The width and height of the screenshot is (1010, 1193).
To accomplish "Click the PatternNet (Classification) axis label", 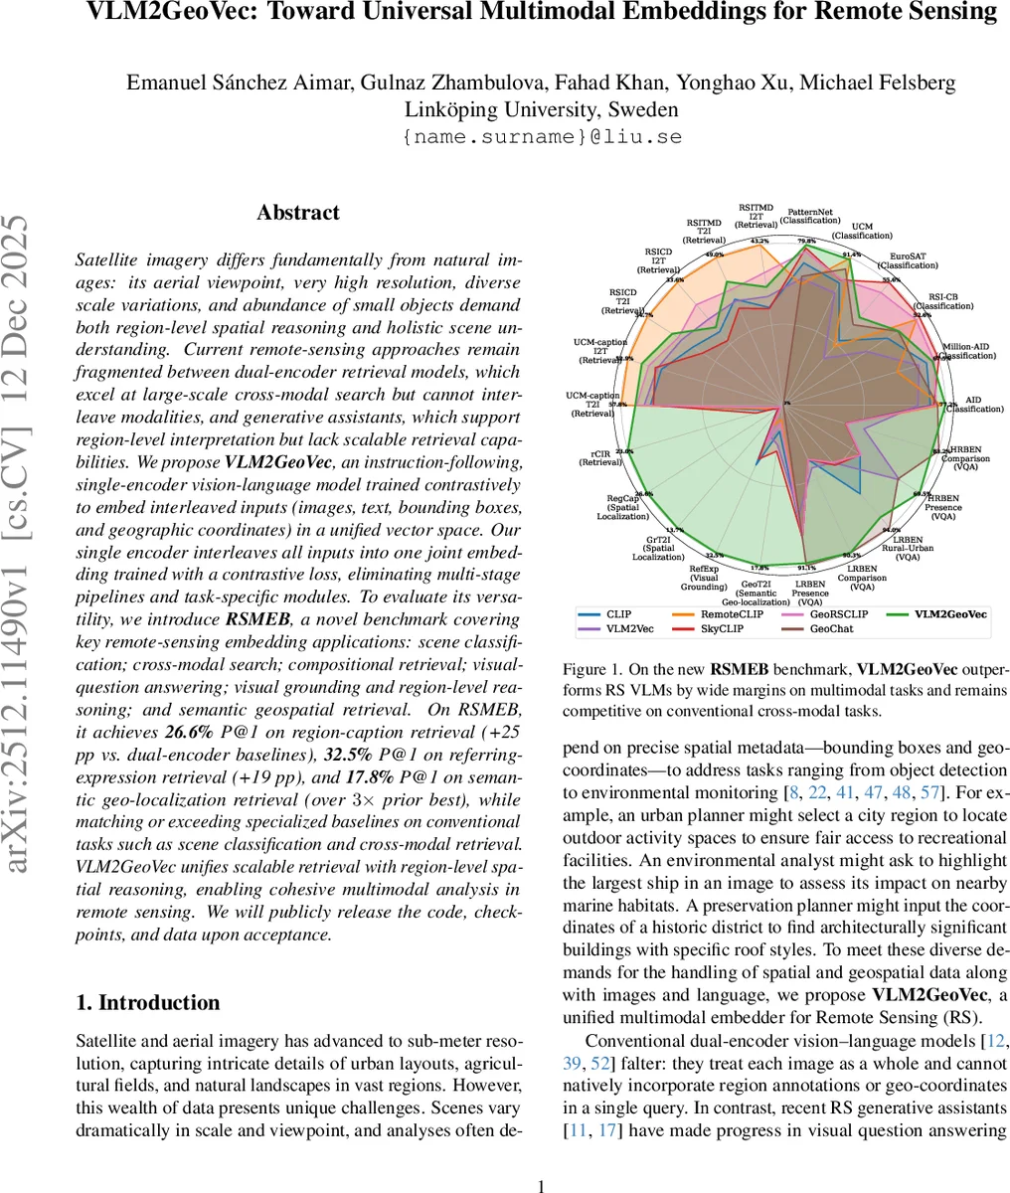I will tap(810, 216).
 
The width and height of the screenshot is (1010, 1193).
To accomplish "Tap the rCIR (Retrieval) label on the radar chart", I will tap(599, 457).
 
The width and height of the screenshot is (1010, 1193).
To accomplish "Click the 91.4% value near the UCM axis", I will tap(851, 255).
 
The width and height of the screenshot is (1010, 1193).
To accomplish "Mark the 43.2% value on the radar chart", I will tap(758, 241).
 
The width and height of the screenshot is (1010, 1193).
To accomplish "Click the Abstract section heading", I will tap(298, 213).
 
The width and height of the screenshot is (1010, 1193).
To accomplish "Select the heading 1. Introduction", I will tap(148, 1003).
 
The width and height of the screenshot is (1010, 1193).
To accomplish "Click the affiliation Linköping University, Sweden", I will tap(542, 109).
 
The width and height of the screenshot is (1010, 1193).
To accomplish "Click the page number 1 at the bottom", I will tap(541, 1185).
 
